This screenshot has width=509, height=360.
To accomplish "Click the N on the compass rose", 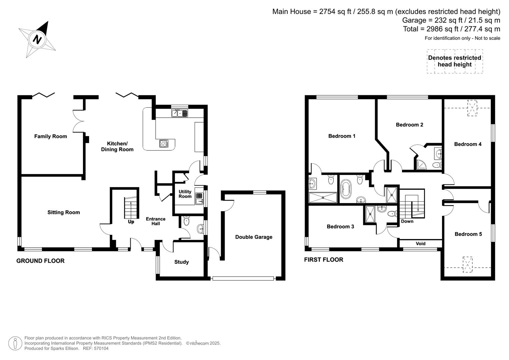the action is tap(37, 39).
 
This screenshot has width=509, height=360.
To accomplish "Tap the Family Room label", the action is tap(51, 136).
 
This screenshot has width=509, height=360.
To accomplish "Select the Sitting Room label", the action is tap(64, 212).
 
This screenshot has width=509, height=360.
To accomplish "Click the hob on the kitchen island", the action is tap(164, 143).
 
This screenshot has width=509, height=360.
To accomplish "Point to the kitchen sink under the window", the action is tap(180, 113).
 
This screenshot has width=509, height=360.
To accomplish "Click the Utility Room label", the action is tap(185, 194).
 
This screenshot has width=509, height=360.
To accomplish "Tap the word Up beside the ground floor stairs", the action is tap(131, 222).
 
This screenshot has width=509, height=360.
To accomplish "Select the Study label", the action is tap(181, 262).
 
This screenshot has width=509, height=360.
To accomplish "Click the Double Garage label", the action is tap(254, 237).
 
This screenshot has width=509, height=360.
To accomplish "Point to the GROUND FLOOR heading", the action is tap(40, 261).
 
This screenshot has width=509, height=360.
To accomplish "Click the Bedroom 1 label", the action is tap(342, 136).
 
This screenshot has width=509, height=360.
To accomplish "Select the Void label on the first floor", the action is tap(420, 244).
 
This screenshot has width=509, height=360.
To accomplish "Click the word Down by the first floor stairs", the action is tap(407, 221).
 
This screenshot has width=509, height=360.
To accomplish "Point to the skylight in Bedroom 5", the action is tap(468, 265).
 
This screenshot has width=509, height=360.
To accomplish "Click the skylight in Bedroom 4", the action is tap(472, 108).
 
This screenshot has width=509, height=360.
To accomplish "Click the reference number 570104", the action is tap(101, 348).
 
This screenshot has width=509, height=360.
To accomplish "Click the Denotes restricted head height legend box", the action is tap(455, 61).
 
